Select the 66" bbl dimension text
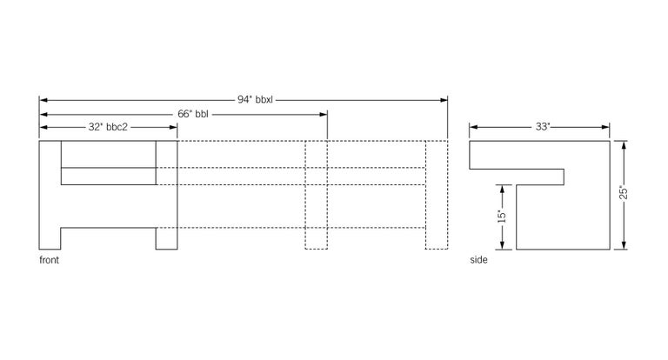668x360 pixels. (193, 113)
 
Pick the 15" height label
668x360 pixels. (501, 215)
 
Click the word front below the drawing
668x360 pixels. (49, 260)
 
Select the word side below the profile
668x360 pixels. (478, 260)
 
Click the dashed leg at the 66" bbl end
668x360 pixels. (316, 237)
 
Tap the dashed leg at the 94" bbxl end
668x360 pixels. (436, 237)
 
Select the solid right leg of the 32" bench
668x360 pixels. (166, 237)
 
